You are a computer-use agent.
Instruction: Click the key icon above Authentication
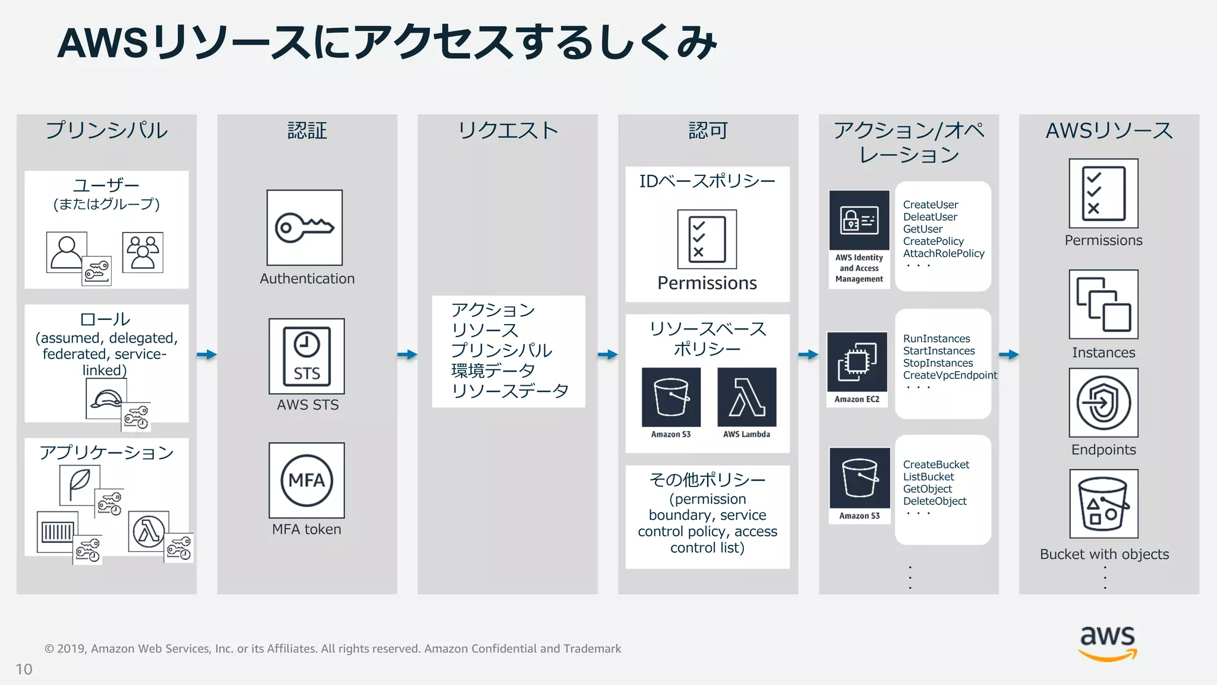304,227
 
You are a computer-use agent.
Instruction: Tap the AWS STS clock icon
307,356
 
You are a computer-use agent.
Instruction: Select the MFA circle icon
307,480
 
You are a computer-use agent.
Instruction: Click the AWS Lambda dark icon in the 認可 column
746,397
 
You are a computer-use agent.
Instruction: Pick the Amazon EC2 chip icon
857,362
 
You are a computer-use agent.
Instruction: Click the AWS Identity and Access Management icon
859,221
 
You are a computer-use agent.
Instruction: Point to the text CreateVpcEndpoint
950,375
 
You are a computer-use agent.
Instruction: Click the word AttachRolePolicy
944,253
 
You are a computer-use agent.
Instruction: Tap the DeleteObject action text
935,501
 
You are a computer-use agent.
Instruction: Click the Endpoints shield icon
1104,403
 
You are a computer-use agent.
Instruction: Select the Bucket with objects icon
1104,504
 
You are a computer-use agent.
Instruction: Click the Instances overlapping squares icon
1104,304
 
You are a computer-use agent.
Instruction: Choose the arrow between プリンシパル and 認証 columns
207,354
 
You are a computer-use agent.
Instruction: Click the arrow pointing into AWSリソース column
1009,354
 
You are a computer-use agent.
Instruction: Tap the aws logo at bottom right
1108,642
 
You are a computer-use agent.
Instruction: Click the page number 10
24,670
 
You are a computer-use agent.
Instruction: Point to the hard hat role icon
106,399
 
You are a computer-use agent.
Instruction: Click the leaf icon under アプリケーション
80,484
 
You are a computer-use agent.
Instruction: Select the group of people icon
143,253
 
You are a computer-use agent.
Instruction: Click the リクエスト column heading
507,130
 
